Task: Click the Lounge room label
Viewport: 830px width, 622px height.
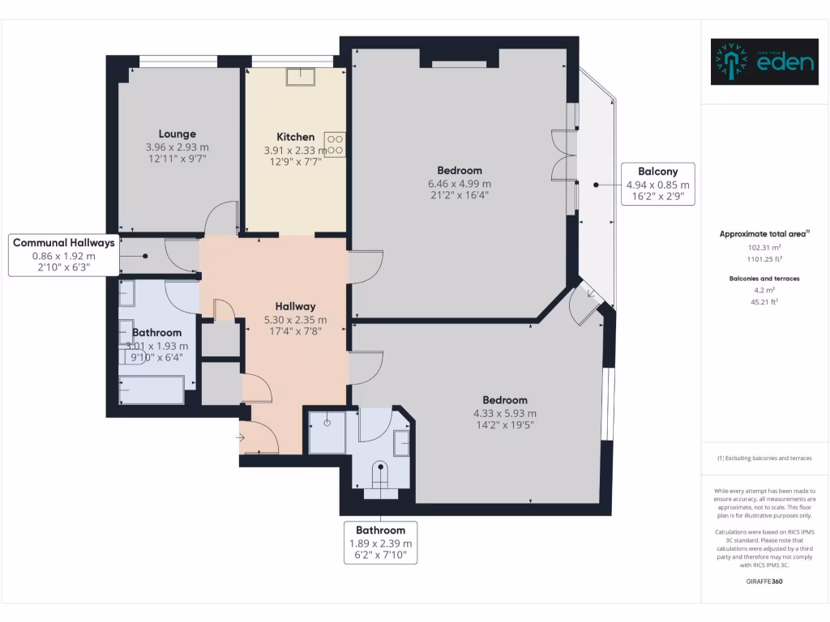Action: click(x=178, y=134)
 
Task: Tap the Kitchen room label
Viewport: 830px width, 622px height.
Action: click(x=295, y=137)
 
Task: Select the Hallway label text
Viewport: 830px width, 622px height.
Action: click(x=295, y=306)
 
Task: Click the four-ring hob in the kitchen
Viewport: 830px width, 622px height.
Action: click(x=335, y=145)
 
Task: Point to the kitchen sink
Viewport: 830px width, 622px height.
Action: click(x=301, y=77)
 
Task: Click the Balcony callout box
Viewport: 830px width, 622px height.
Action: click(x=658, y=184)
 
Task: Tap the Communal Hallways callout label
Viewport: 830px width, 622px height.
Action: click(x=63, y=255)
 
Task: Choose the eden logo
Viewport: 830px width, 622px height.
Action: click(x=764, y=62)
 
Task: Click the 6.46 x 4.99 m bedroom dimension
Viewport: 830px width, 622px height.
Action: click(x=460, y=184)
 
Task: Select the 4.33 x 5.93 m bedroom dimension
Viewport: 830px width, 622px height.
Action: click(x=505, y=414)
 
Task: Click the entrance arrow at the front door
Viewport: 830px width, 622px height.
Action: click(x=240, y=438)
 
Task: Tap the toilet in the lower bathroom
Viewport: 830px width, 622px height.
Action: click(x=380, y=475)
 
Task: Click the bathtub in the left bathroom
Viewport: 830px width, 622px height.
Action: click(x=152, y=390)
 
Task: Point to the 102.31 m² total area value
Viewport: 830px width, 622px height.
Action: click(x=764, y=248)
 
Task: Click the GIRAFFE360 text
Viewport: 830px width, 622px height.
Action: click(x=764, y=582)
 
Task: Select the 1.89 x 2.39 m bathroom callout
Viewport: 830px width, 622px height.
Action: click(x=381, y=543)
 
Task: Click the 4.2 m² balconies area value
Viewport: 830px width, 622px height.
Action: click(x=764, y=291)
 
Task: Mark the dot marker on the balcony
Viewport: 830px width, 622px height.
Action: click(x=596, y=185)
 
